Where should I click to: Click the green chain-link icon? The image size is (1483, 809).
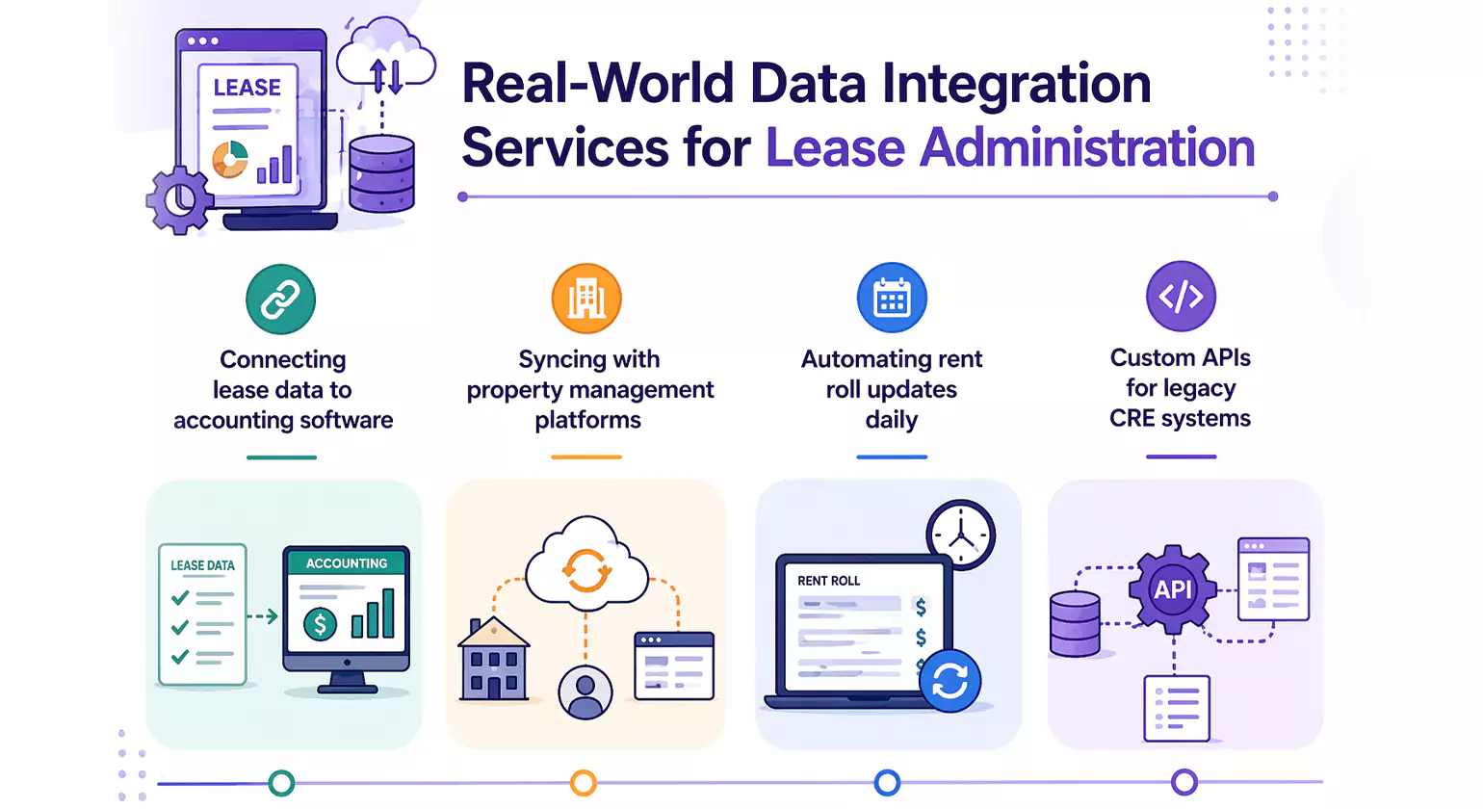pyautogui.click(x=280, y=300)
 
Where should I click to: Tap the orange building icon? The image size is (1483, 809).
pyautogui.click(x=586, y=299)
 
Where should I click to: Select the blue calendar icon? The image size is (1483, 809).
pyautogui.click(x=892, y=298)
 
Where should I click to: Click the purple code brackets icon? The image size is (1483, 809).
pyautogui.click(x=1181, y=296)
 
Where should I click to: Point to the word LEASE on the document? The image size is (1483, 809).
pyautogui.click(x=247, y=88)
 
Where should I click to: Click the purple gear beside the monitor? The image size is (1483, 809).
pyautogui.click(x=178, y=200)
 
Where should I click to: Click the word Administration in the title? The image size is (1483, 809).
pyautogui.click(x=1010, y=147)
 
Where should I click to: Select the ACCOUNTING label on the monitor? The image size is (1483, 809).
pyautogui.click(x=347, y=563)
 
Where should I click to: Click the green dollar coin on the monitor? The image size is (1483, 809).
pyautogui.click(x=320, y=625)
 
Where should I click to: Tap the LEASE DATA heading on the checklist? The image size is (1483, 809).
pyautogui.click(x=202, y=565)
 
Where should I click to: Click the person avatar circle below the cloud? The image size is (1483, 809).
pyautogui.click(x=585, y=692)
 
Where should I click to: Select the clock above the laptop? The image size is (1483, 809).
pyautogui.click(x=960, y=535)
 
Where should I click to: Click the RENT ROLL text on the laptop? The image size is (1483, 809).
pyautogui.click(x=828, y=581)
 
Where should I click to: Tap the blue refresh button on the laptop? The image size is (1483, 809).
pyautogui.click(x=950, y=681)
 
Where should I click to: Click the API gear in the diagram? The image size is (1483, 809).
pyautogui.click(x=1172, y=589)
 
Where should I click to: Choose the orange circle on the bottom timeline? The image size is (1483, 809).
pyautogui.click(x=583, y=783)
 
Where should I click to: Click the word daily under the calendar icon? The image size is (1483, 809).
pyautogui.click(x=891, y=420)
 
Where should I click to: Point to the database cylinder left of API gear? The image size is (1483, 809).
pyautogui.click(x=1074, y=624)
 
